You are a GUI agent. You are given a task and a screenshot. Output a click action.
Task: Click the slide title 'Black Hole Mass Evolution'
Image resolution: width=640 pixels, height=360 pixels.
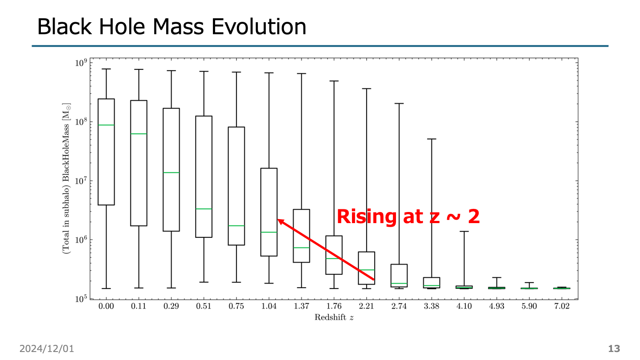172,27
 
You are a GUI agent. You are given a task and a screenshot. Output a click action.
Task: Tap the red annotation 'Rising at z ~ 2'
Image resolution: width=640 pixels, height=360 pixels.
408,217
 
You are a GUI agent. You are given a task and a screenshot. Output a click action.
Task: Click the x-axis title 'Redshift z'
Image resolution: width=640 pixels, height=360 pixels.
334,317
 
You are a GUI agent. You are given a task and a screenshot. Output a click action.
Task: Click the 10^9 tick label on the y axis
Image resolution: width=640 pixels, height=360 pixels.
80,63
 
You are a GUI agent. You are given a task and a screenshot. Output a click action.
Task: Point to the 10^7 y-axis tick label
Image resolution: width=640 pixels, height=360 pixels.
80,181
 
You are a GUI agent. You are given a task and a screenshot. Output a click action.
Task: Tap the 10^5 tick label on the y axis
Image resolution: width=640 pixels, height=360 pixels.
80,299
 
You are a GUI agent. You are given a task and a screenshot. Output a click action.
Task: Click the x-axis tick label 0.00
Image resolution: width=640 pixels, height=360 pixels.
106,307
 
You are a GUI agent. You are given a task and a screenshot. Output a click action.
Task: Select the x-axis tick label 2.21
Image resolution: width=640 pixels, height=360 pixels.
367,307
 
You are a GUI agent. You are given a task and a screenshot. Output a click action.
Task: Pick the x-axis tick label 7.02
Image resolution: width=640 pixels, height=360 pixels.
562,307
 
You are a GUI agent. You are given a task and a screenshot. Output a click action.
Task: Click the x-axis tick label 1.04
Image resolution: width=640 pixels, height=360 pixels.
269,307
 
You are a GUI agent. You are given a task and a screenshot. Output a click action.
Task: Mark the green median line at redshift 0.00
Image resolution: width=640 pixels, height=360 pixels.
106,125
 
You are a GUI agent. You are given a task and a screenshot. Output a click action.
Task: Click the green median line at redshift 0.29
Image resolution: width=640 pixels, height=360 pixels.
171,172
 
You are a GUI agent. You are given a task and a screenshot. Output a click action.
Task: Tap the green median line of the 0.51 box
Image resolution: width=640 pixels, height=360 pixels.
204,209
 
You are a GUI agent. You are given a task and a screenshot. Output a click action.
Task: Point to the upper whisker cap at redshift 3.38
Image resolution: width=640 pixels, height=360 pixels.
432,139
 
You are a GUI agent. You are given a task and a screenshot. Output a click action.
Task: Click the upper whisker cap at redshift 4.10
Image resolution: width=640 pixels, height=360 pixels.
464,232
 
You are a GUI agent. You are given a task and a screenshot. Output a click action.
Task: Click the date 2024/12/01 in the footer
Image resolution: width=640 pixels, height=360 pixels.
47,349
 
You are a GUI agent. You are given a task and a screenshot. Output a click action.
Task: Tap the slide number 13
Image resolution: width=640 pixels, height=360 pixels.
614,349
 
